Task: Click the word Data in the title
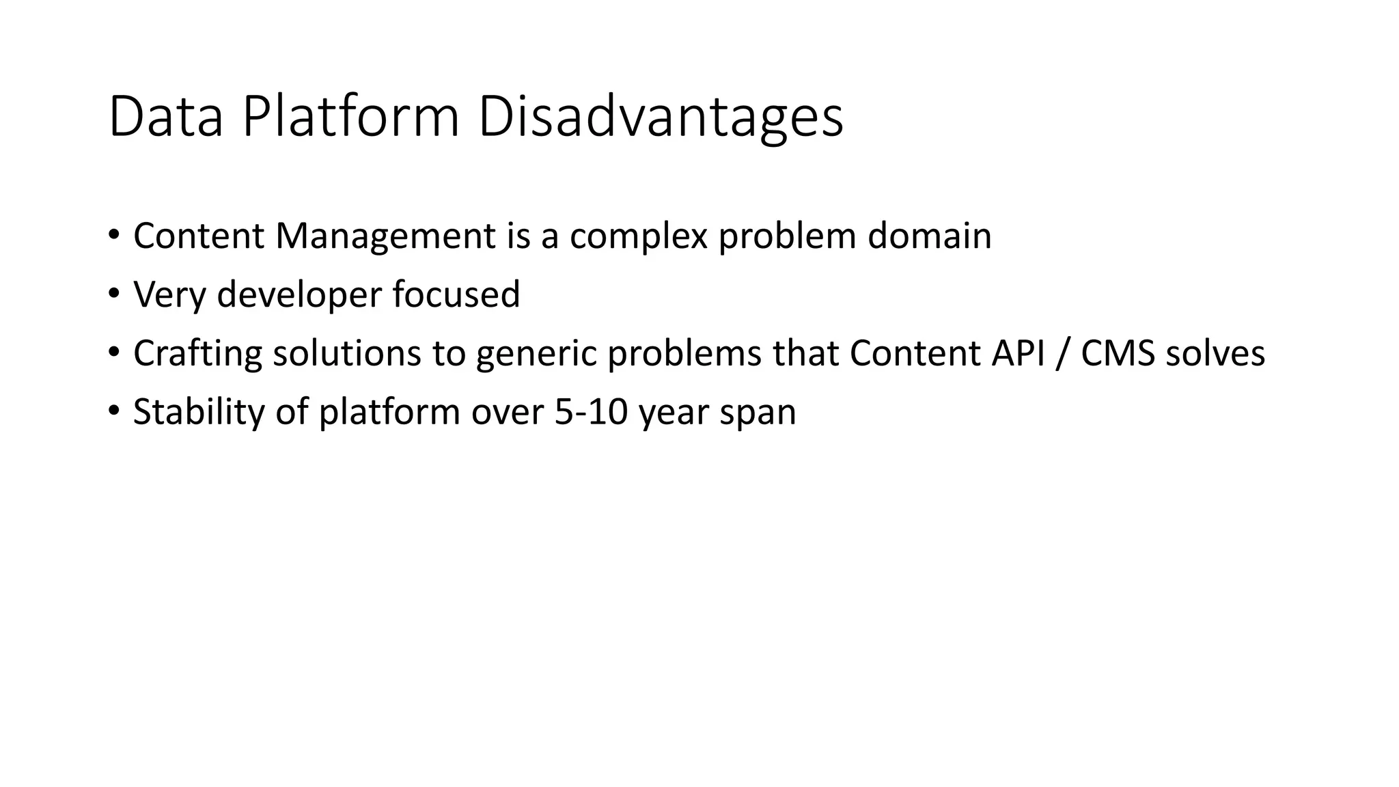coord(166,118)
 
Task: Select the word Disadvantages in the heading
coord(661,118)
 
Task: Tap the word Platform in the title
coord(351,118)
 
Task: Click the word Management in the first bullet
coord(385,236)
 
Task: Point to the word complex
coord(639,236)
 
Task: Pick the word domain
coord(929,236)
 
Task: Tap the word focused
coord(456,295)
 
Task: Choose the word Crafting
coord(197,354)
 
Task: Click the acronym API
coord(1018,354)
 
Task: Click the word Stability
coord(198,413)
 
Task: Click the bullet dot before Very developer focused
coord(113,294)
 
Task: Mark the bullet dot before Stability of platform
coord(113,412)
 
